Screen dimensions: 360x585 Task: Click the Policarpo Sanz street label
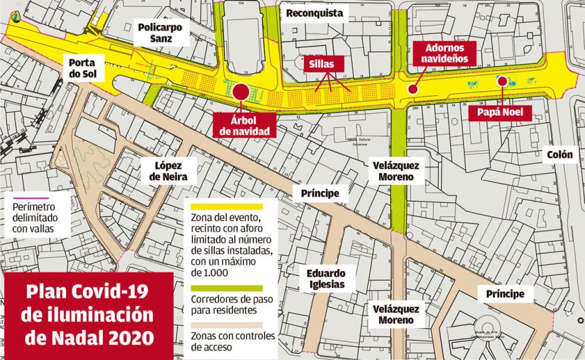(160, 33)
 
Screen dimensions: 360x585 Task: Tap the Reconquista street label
(314, 13)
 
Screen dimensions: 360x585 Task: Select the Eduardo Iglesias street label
(326, 279)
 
